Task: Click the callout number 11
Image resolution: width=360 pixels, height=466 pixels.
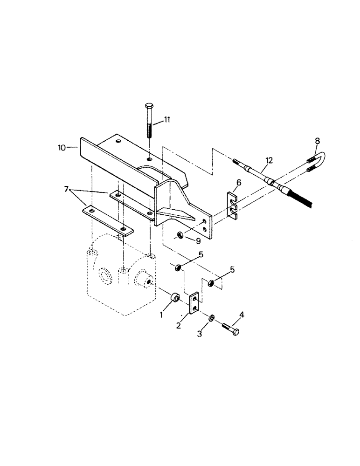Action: (167, 120)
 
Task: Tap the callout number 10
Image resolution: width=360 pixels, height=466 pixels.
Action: (62, 148)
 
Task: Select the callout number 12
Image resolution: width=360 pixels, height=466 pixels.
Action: (268, 161)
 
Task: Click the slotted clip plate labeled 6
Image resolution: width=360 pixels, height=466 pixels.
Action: (233, 206)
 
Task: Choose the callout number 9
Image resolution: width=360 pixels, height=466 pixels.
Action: (199, 241)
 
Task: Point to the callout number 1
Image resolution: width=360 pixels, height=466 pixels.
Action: (161, 315)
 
